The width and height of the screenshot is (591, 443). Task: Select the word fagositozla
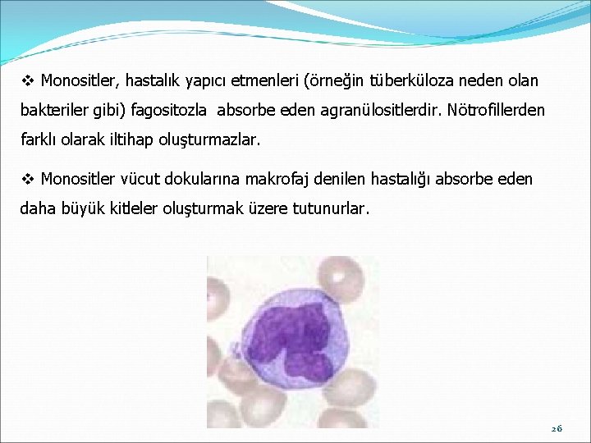point(169,110)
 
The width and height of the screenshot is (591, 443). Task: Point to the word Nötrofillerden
point(496,110)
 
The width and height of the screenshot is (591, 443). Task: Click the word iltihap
point(131,139)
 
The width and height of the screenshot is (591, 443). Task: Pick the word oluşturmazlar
point(209,140)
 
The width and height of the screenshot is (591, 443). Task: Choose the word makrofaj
point(277,179)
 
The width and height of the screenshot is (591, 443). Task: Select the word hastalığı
point(401,180)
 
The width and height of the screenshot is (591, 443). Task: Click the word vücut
point(140,179)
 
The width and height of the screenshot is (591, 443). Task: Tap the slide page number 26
point(557,429)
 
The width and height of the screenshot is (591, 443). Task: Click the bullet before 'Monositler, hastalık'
point(28,80)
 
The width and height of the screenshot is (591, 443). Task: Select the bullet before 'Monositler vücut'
point(28,179)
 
